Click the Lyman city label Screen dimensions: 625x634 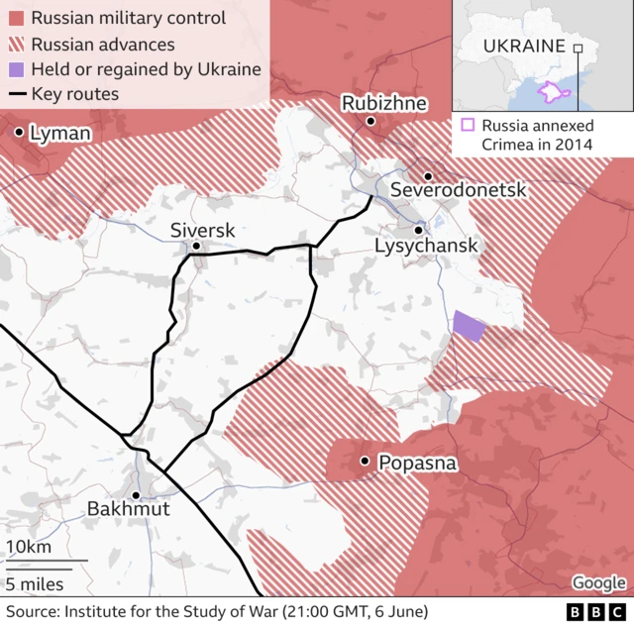[60, 133]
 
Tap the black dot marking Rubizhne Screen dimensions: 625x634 [370, 122]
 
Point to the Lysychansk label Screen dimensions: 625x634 [426, 245]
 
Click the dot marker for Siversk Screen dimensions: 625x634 [197, 246]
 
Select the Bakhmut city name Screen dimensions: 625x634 [129, 508]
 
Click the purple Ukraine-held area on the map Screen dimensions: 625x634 [469, 326]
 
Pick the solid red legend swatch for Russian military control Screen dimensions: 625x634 [16, 18]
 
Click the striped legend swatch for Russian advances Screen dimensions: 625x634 [16, 44]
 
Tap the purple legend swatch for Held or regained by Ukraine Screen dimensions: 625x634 [16, 69]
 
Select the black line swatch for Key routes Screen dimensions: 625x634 [16, 95]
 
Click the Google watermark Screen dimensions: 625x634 [598, 583]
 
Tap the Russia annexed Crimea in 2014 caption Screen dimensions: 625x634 [538, 135]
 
